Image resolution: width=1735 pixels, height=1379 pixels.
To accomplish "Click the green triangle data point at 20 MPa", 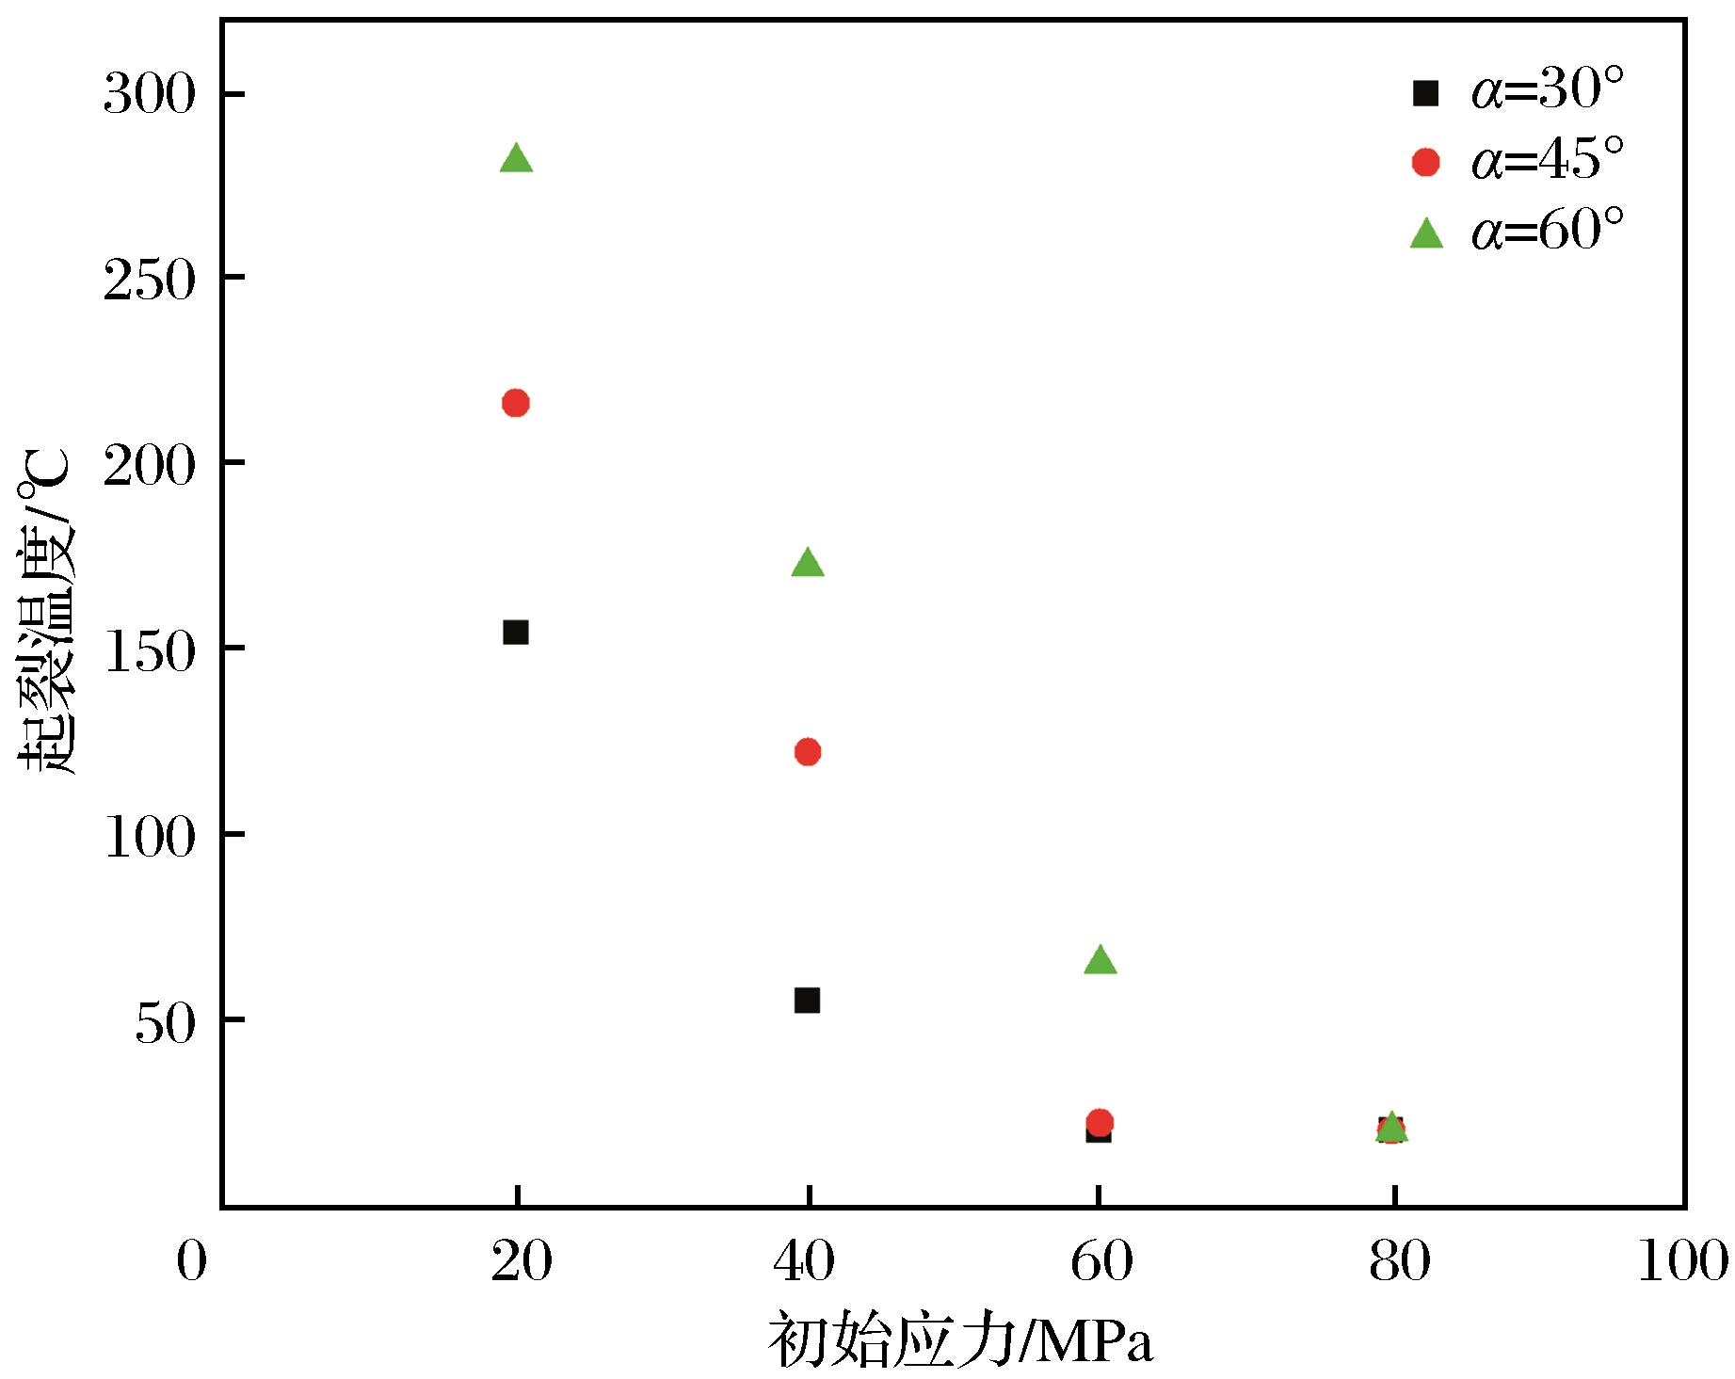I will [x=516, y=159].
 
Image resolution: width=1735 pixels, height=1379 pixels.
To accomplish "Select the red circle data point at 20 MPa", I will [x=516, y=403].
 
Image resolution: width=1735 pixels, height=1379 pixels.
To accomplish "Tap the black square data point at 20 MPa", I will [x=516, y=632].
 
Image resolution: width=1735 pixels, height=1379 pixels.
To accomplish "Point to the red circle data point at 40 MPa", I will [x=808, y=751].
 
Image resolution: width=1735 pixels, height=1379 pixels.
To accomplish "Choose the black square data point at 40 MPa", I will [x=807, y=1000].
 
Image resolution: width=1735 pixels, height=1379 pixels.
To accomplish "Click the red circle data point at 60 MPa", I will [x=1100, y=1121].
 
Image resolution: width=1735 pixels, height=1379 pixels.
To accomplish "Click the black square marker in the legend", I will [x=1426, y=92].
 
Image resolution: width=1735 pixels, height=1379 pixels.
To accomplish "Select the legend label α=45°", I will [x=1548, y=160].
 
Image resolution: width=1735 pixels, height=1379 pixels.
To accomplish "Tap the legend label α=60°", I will [x=1548, y=231].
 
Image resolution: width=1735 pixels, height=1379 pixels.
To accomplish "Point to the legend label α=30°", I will [x=1548, y=91].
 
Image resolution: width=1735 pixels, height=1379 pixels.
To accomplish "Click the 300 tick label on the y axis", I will [x=150, y=94].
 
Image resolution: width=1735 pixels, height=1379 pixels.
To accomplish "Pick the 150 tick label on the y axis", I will [x=150, y=649].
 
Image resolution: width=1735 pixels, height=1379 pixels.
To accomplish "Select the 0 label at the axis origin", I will [x=191, y=1261].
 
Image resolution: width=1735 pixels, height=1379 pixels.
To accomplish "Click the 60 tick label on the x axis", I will [x=1100, y=1261].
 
